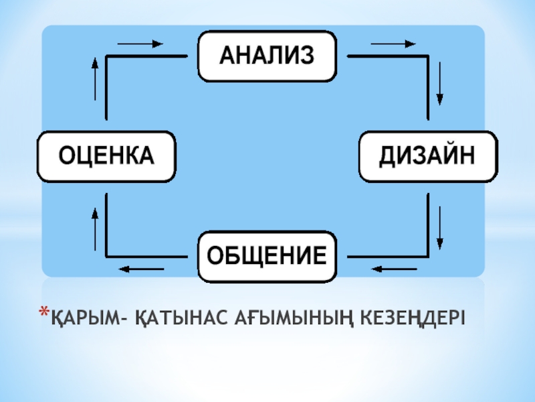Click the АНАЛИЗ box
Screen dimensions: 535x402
tap(267, 56)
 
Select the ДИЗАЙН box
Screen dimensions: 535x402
tap(429, 156)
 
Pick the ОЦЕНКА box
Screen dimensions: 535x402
tap(107, 156)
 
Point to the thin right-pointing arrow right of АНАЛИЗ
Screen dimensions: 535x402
tap(393, 44)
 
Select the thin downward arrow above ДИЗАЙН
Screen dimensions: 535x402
tap(440, 84)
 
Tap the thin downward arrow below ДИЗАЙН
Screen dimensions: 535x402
tap(440, 226)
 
